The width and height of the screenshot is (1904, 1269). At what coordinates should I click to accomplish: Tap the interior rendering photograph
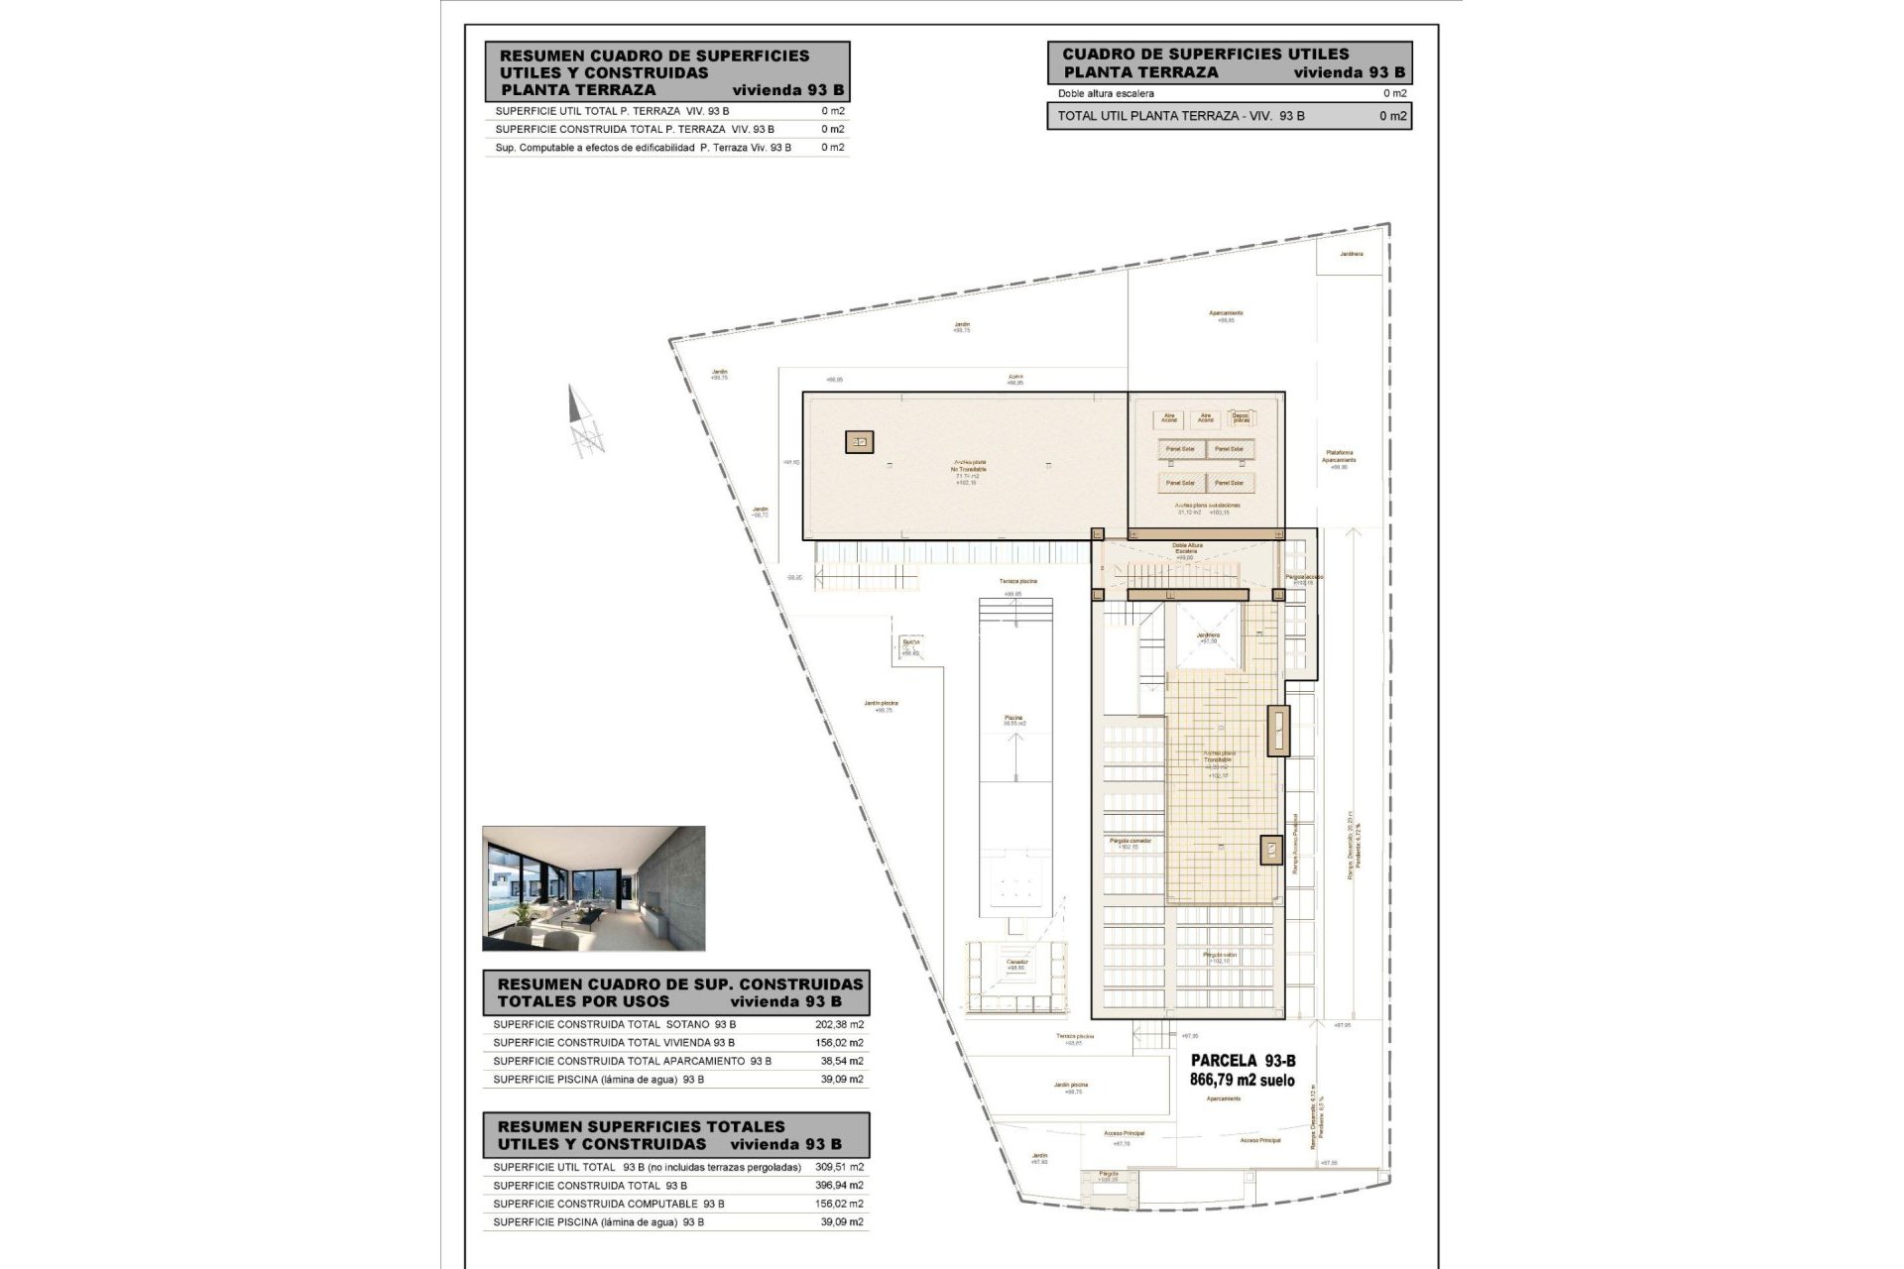[x=593, y=888]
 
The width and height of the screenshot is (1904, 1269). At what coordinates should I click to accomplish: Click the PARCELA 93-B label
[x=1242, y=1061]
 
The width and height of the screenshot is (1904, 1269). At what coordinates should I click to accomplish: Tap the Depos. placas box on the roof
[x=1240, y=418]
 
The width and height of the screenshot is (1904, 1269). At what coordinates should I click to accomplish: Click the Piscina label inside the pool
[x=1012, y=718]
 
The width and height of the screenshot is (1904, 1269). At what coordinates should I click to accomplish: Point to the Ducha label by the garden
[x=910, y=642]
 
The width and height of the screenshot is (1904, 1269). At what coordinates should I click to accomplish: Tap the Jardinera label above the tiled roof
[x=1207, y=635]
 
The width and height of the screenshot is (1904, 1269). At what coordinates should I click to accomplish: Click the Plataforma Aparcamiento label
[x=1339, y=457]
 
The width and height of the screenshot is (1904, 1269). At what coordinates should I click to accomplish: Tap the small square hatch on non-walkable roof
[x=859, y=442]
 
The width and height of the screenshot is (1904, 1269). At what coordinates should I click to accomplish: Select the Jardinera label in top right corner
[x=1351, y=254]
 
